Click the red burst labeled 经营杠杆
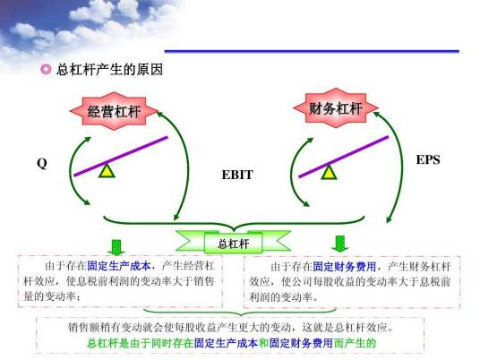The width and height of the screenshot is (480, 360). (114, 112)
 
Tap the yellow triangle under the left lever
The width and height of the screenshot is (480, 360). (107, 169)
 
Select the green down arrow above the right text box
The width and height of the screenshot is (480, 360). (340, 244)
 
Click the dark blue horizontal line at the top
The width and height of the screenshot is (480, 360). (322, 51)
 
